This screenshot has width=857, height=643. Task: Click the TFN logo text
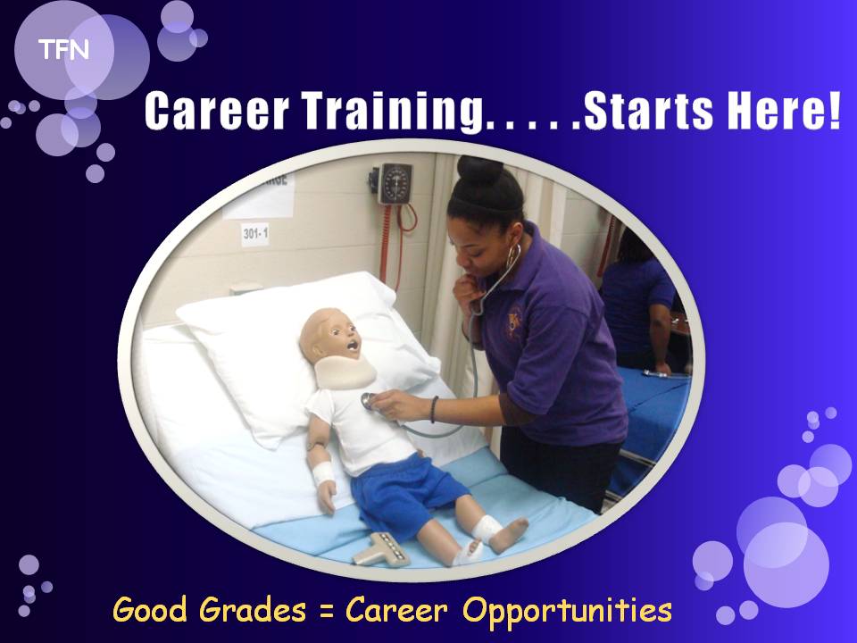[63, 50]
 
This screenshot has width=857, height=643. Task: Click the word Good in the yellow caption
[150, 609]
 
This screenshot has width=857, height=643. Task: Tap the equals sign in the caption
[327, 611]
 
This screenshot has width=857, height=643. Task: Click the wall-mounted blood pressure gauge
[395, 184]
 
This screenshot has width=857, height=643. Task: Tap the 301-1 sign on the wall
[255, 234]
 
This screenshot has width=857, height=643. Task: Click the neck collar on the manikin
[345, 373]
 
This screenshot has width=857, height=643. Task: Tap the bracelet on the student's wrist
[434, 410]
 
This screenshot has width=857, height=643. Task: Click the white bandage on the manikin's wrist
[323, 473]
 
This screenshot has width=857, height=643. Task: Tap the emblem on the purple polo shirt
[514, 323]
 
